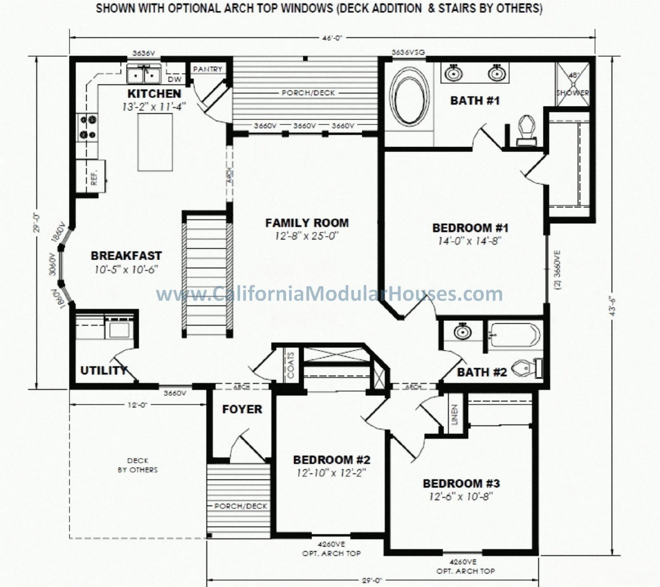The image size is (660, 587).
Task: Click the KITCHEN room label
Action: point(154,93)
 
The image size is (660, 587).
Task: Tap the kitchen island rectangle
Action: point(155,142)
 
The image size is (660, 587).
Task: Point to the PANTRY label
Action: point(207,69)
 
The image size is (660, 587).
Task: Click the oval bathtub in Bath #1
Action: point(410,96)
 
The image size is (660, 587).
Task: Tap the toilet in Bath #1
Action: point(526,131)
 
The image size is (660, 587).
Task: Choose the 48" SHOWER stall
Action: point(573,85)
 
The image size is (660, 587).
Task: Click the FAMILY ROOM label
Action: point(307,223)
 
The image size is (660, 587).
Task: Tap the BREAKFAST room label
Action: point(126,256)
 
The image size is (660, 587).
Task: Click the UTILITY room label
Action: point(103,371)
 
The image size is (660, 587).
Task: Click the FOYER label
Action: point(242,409)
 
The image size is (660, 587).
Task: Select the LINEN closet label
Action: point(455,414)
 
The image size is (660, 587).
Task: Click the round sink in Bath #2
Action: point(462,331)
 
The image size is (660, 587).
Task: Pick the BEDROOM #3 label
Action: point(461,483)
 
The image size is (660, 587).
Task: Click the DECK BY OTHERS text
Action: point(137,465)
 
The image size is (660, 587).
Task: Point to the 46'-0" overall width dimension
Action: point(332,38)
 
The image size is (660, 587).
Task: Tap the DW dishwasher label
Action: point(174,79)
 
